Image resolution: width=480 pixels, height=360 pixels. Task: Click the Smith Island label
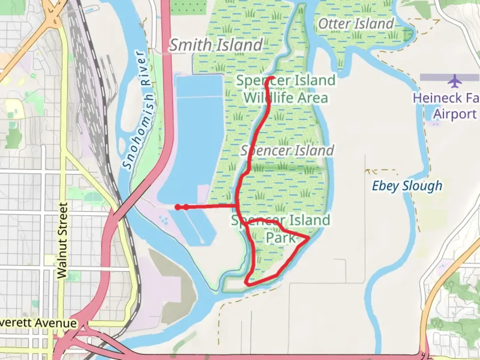[x=216, y=45]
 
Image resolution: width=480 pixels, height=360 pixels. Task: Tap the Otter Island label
[x=356, y=24]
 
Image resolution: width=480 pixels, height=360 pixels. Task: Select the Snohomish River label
[x=138, y=110]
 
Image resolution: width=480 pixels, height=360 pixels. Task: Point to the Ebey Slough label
[x=407, y=186]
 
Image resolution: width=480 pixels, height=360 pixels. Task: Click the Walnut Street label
[x=62, y=240]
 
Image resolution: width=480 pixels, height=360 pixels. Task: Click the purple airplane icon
[x=455, y=81]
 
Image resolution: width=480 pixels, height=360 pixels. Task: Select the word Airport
[x=455, y=114]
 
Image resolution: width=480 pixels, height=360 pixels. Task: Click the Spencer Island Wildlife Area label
[x=286, y=89]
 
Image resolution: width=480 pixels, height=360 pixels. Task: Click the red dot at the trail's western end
[x=178, y=207]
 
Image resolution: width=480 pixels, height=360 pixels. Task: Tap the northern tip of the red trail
[x=273, y=78]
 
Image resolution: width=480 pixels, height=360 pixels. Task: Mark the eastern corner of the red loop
[x=308, y=238]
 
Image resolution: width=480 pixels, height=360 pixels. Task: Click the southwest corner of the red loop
[x=247, y=282]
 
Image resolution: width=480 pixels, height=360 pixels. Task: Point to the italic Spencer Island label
[x=287, y=150]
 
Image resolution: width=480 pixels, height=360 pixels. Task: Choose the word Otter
[x=334, y=24]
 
